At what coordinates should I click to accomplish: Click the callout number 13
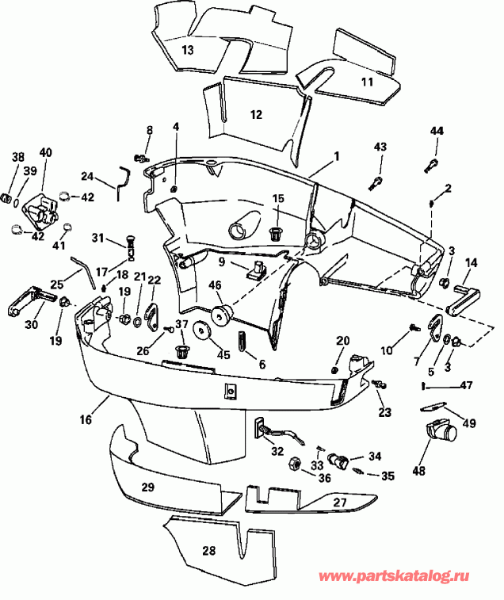[x=187, y=49]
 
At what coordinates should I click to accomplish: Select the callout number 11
[x=367, y=82]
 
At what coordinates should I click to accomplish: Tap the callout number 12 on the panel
[x=256, y=114]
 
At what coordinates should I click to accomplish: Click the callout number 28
[x=208, y=550]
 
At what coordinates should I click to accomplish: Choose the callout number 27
[x=339, y=502]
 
